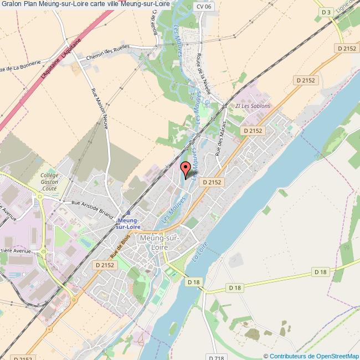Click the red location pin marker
[186, 167]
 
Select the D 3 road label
[327, 12]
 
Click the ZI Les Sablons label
[253, 106]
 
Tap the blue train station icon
[128, 212]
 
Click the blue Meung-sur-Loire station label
[128, 223]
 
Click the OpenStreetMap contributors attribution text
[312, 356]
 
